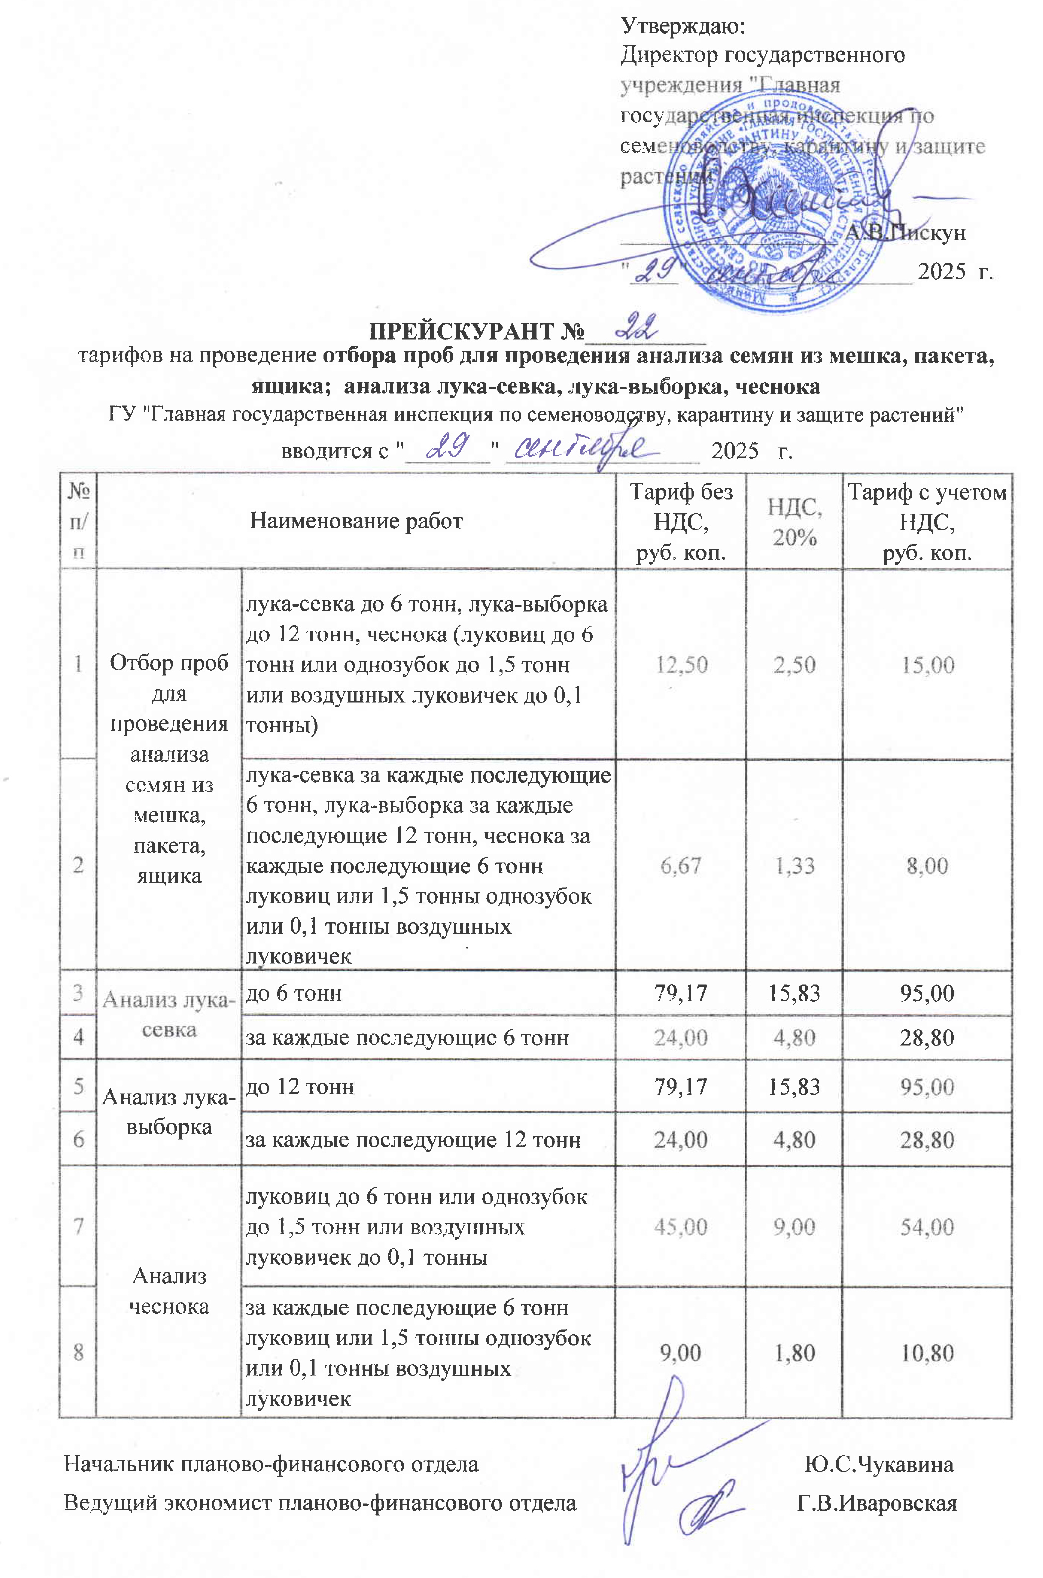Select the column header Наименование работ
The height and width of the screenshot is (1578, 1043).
(x=356, y=521)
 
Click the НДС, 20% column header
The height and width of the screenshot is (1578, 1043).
(x=794, y=522)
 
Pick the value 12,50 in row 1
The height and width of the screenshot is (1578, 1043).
(x=681, y=665)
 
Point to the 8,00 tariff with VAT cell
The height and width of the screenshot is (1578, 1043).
(x=927, y=866)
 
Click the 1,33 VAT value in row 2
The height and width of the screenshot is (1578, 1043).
(x=794, y=866)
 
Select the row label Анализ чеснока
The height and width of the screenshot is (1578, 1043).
(x=169, y=1291)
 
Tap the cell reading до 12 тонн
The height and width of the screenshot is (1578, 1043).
(x=300, y=1087)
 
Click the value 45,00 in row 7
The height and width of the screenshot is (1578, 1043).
(x=680, y=1226)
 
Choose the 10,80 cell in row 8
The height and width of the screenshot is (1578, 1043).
(x=927, y=1352)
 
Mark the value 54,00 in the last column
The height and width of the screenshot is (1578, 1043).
(x=927, y=1226)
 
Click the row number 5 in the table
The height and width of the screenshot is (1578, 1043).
(x=78, y=1087)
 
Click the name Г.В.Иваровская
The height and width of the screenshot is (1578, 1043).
(x=876, y=1503)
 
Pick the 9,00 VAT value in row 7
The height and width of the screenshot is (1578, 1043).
(x=794, y=1226)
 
